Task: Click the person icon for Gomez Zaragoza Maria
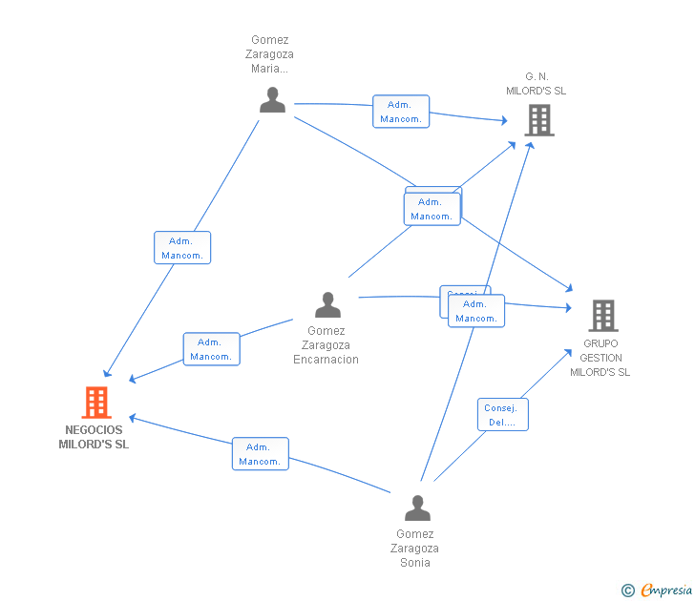coord(272,100)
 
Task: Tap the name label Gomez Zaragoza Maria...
coord(269,54)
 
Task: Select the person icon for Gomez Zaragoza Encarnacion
coord(327,305)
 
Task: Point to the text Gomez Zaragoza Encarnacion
coord(326,345)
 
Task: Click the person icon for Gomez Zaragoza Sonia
coord(417,508)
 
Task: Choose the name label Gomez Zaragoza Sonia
coord(414,549)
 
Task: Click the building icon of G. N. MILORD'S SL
coord(538,120)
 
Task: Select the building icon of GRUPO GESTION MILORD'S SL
coord(602,315)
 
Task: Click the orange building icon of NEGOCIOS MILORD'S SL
coord(96,403)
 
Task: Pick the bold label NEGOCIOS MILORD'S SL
coord(94,437)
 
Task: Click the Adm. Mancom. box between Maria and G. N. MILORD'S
coord(401,112)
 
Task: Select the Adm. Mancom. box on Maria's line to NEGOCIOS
coord(182,248)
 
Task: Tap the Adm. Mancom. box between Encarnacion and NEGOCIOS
coord(211,349)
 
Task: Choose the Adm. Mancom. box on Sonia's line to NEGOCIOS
coord(260,454)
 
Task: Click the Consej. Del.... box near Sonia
coord(502,415)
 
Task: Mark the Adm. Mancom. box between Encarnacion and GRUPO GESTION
coord(476,311)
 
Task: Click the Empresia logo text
coord(665,591)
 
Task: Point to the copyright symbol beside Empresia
coord(627,591)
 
